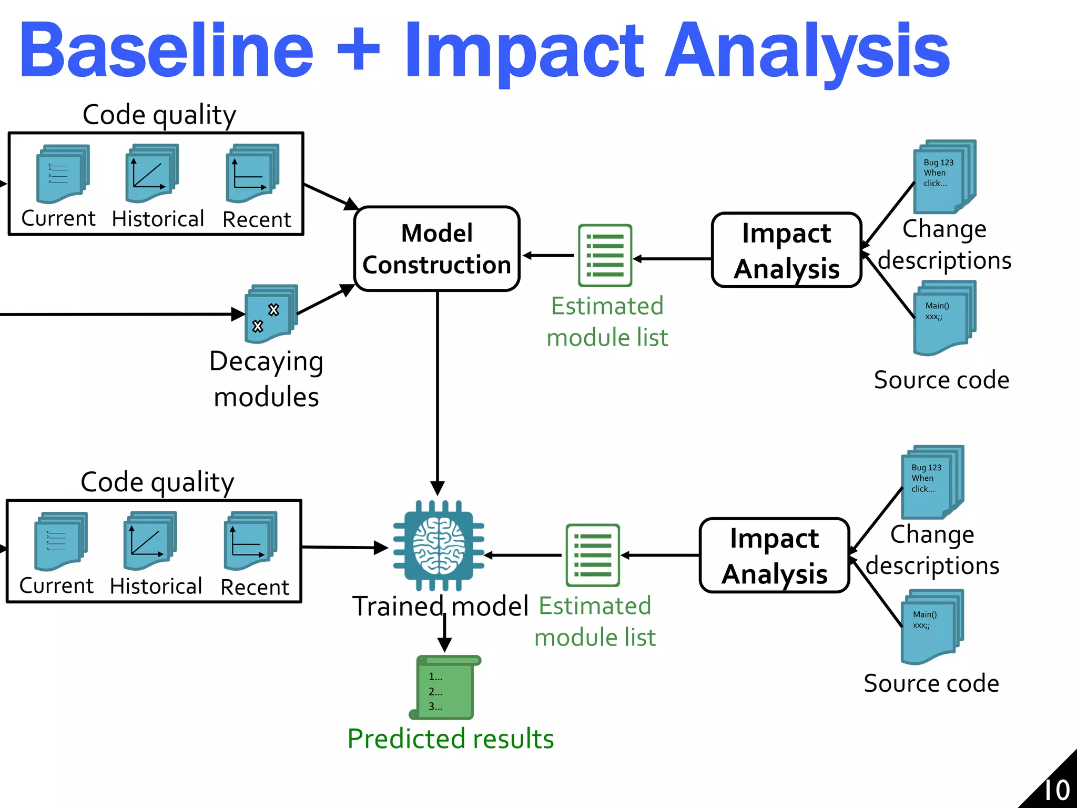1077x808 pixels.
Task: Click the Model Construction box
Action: [436, 249]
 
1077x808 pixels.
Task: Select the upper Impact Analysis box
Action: [786, 250]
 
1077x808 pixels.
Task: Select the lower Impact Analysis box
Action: [774, 555]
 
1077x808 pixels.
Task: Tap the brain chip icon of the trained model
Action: [439, 546]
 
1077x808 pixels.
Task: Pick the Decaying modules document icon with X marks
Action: [270, 314]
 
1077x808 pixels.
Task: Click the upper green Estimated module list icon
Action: [605, 256]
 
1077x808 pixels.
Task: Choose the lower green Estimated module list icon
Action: [593, 555]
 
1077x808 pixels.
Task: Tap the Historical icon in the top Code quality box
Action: [151, 174]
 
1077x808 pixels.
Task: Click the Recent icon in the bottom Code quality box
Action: [250, 541]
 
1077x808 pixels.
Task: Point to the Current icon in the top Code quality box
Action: [62, 174]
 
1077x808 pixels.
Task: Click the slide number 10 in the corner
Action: [1056, 790]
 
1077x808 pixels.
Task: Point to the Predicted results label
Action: [451, 739]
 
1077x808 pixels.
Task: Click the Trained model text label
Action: [440, 606]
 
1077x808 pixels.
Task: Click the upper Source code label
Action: [941, 380]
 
